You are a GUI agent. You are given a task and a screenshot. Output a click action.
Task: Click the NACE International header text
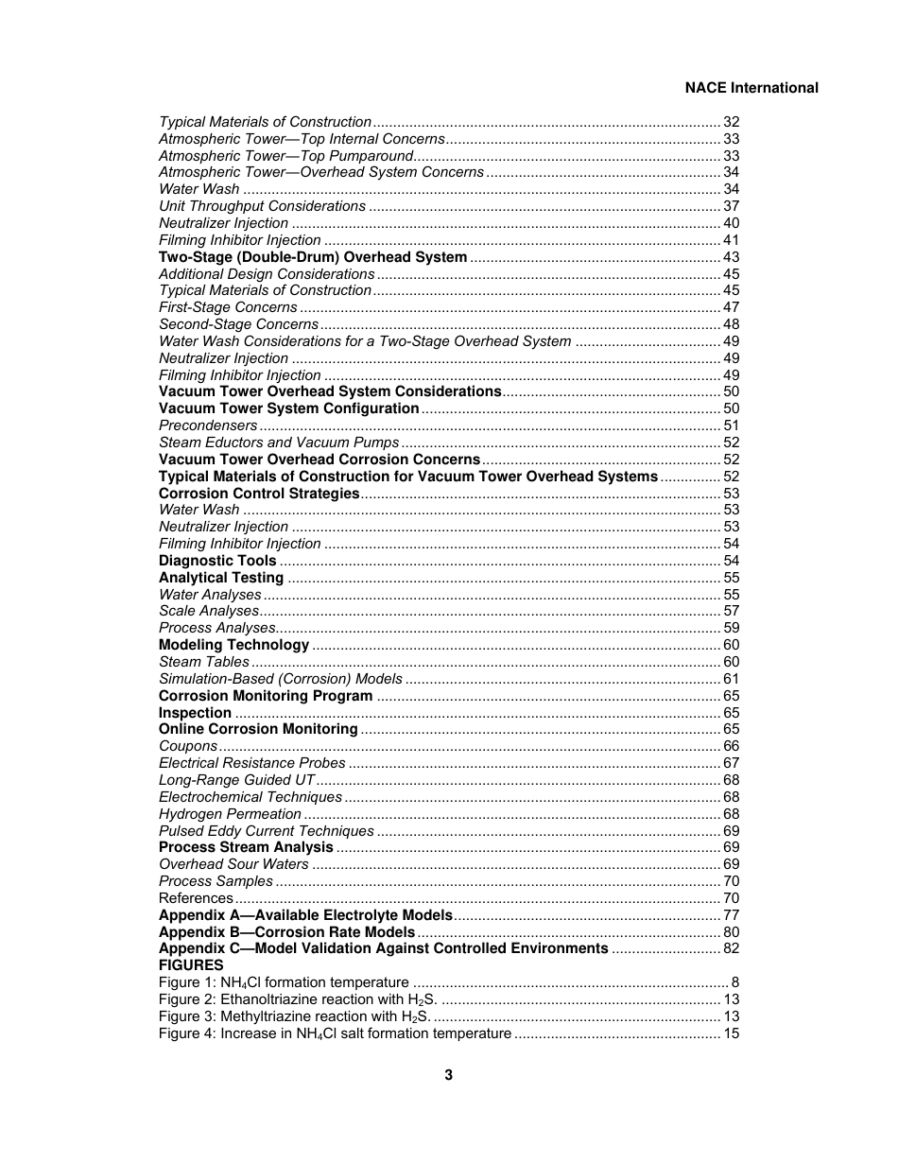click(751, 88)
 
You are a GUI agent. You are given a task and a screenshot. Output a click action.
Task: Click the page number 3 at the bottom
click(448, 1075)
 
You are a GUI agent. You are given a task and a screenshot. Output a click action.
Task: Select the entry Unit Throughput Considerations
click(262, 206)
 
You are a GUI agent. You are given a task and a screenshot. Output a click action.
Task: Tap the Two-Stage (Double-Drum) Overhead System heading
click(313, 257)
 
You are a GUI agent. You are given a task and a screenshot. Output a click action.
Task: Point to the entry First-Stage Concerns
click(228, 307)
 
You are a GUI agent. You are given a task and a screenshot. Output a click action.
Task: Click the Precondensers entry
click(208, 425)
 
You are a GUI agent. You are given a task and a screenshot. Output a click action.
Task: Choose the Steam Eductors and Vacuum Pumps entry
click(279, 443)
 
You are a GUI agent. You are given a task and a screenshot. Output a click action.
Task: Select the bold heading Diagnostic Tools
click(217, 561)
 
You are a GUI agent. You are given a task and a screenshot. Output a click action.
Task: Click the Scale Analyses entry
click(209, 611)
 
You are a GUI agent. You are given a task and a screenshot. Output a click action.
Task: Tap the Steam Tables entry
click(204, 662)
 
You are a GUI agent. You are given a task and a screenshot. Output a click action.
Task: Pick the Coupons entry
click(188, 746)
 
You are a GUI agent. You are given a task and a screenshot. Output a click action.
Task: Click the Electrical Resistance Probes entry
click(251, 763)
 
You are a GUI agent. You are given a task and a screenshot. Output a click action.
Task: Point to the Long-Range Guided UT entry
click(236, 780)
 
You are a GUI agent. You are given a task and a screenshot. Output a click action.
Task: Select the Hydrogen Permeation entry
click(230, 814)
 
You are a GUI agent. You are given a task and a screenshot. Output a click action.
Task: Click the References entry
click(196, 898)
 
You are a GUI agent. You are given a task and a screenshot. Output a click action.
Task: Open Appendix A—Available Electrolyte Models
click(305, 915)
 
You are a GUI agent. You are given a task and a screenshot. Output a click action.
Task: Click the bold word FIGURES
click(191, 965)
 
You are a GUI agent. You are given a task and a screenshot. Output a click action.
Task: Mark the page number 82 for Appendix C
click(731, 948)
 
